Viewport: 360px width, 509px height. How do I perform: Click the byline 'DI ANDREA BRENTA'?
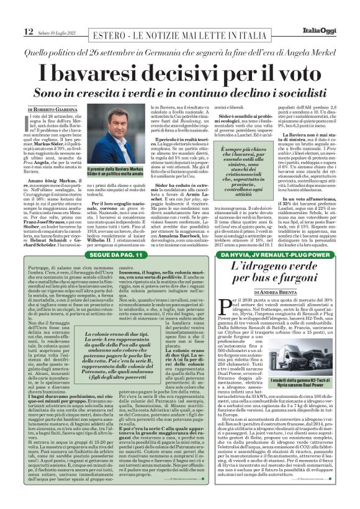277,292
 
